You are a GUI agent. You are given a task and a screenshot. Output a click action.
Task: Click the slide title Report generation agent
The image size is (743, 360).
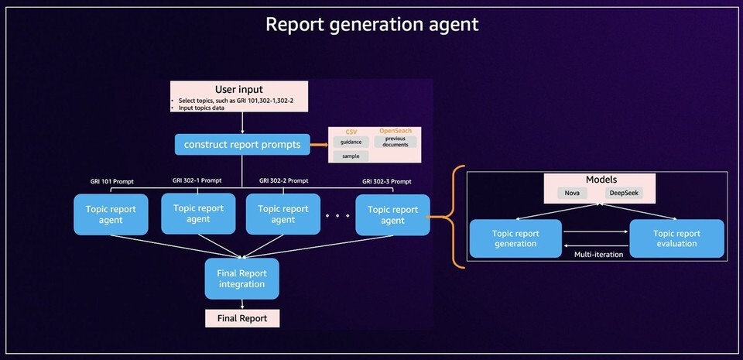point(371,24)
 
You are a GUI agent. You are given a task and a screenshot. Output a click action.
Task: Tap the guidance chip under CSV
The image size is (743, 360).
point(351,142)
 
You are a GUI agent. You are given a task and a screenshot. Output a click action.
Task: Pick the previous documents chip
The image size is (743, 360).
point(395,142)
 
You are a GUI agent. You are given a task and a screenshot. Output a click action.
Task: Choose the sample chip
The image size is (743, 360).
point(351,156)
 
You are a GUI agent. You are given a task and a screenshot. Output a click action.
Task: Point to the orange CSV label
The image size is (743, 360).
point(351,131)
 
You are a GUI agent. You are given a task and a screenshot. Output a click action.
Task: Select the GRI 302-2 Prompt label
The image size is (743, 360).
point(283,180)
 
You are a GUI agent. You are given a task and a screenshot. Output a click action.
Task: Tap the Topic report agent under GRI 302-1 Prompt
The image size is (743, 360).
point(197,214)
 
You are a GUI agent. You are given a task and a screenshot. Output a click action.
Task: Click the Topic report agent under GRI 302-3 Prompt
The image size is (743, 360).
point(392,214)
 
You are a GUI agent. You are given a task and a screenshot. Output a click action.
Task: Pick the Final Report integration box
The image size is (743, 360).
point(241,279)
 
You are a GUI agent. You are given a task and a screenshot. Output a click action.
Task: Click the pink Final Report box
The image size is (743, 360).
point(241,317)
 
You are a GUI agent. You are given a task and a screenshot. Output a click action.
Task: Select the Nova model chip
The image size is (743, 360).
point(572,194)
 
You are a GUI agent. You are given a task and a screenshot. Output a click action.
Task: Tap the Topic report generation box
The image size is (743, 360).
point(515,238)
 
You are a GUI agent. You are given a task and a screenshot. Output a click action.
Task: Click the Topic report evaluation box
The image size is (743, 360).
point(676,238)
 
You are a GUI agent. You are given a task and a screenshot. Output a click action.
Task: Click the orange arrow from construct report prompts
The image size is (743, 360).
point(318,143)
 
